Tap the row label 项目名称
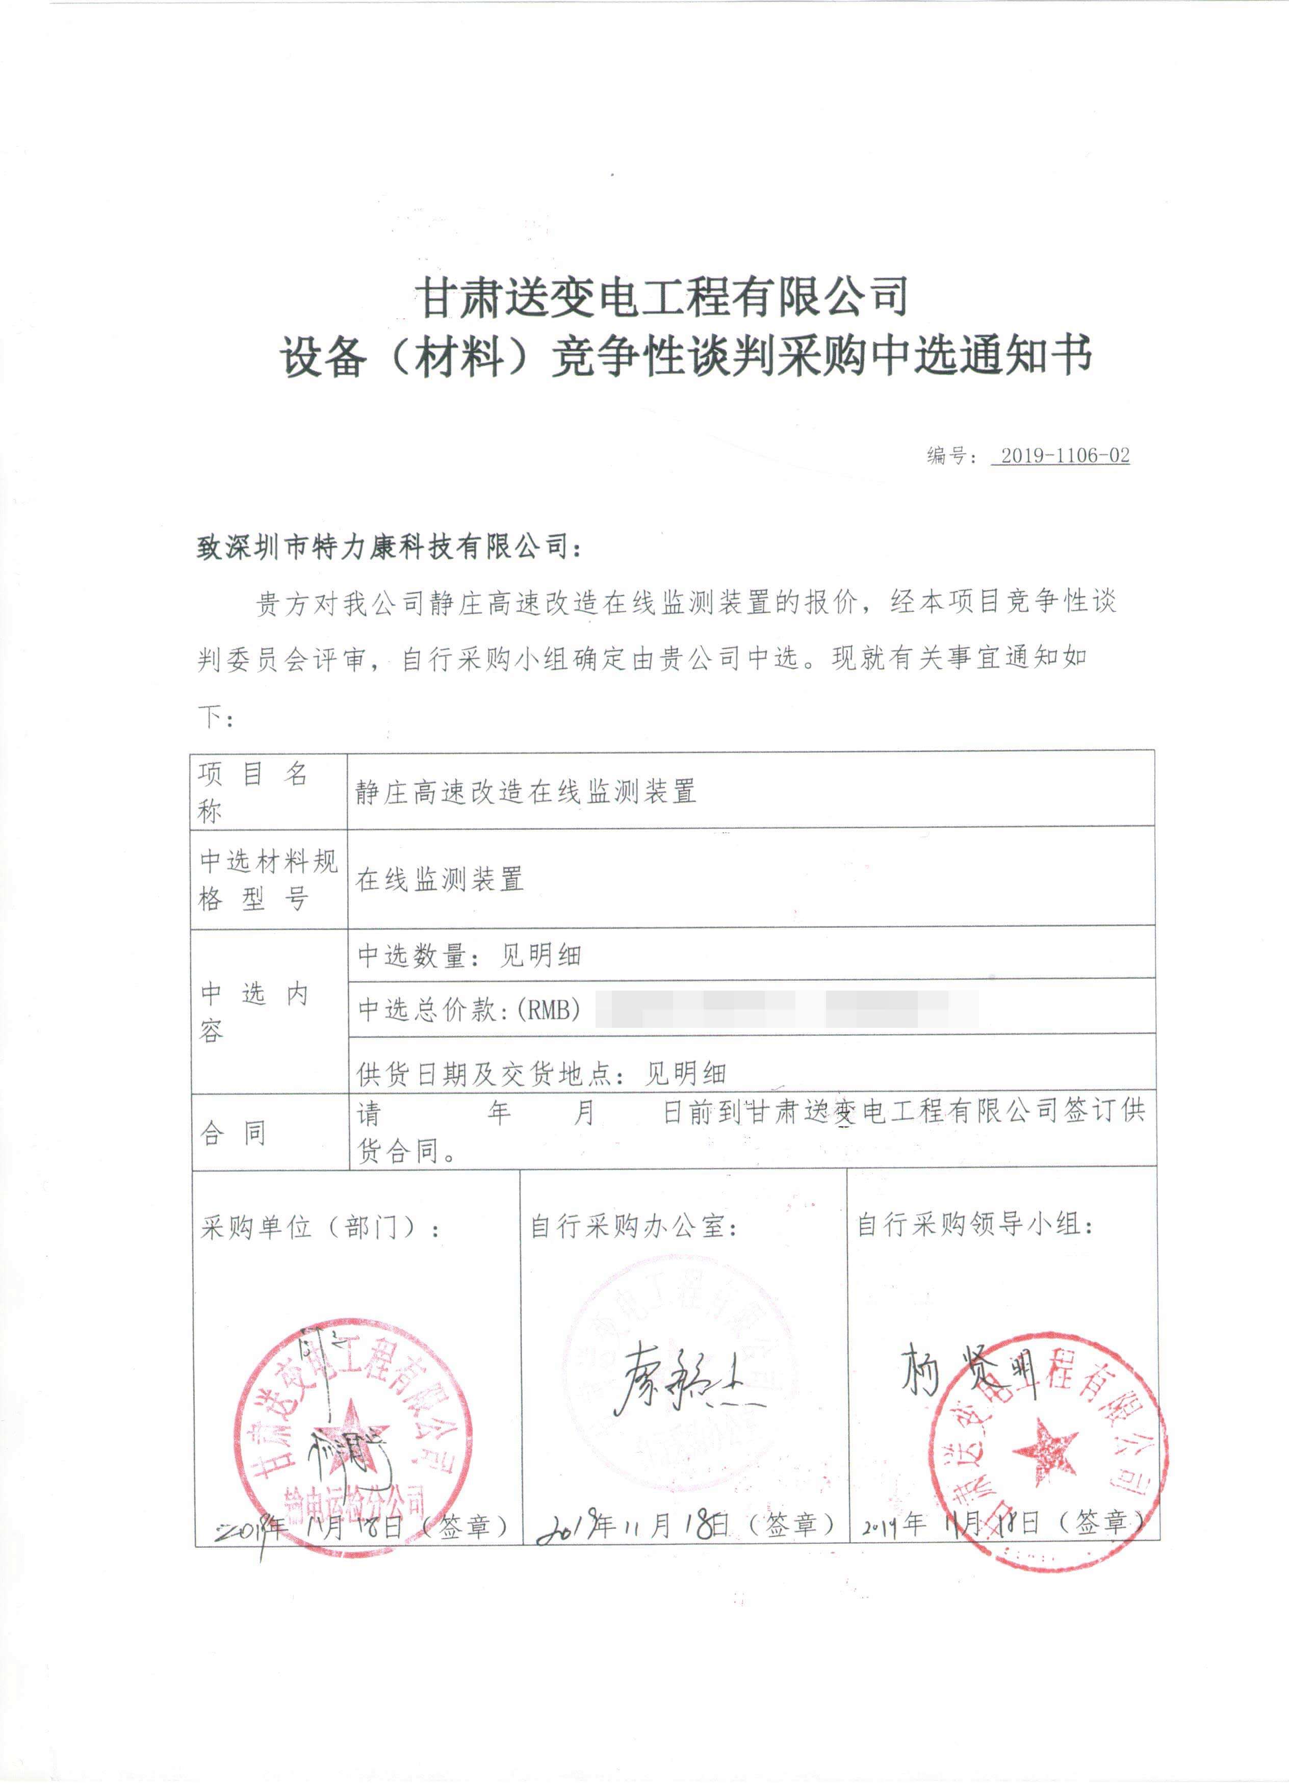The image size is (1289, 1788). (x=252, y=791)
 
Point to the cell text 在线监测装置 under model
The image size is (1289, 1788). (x=439, y=879)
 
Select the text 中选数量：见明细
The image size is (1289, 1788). (x=469, y=955)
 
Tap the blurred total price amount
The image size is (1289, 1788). (x=787, y=1008)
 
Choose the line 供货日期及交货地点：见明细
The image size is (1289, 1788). (x=541, y=1073)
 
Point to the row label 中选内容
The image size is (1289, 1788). (x=252, y=1012)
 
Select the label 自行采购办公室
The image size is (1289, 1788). (x=633, y=1226)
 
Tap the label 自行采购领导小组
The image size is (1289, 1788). (x=974, y=1224)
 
